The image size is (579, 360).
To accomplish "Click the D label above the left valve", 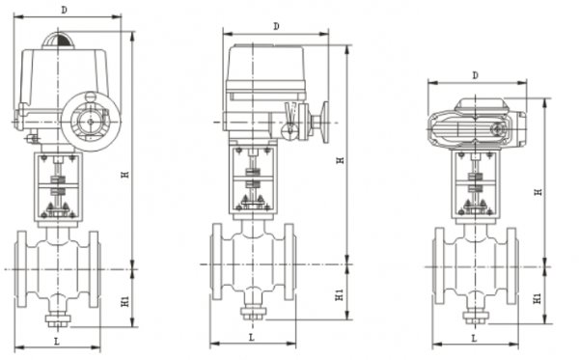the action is coord(65,10).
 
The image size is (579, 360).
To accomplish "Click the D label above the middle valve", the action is coord(276,27).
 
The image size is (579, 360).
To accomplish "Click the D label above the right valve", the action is coord(475,75).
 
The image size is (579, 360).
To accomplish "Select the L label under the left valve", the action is coord(57,341).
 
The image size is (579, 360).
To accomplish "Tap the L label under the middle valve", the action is coord(251,337).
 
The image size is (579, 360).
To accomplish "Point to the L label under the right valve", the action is coord(474,338).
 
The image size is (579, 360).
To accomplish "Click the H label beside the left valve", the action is coord(125,174).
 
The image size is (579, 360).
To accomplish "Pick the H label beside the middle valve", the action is coord(341,160).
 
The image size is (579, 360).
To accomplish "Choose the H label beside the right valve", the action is coord(538,192).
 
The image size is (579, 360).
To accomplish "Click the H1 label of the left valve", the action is coord(125,301).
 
